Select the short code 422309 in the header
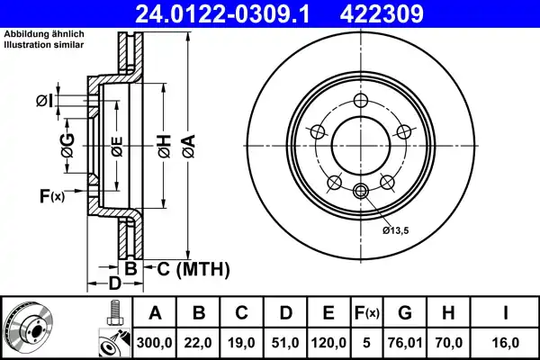click(x=404, y=13)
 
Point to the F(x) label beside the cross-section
click(x=51, y=194)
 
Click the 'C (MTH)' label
click(x=192, y=269)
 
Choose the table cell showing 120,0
click(x=328, y=343)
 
